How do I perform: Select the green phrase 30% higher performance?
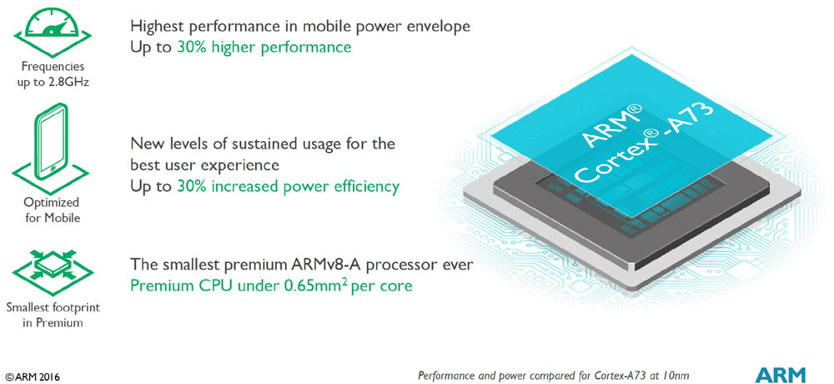(264, 48)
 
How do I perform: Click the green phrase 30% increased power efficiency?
(288, 185)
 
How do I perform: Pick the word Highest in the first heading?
(160, 26)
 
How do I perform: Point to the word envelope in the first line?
(435, 26)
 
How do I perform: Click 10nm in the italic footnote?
(672, 375)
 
